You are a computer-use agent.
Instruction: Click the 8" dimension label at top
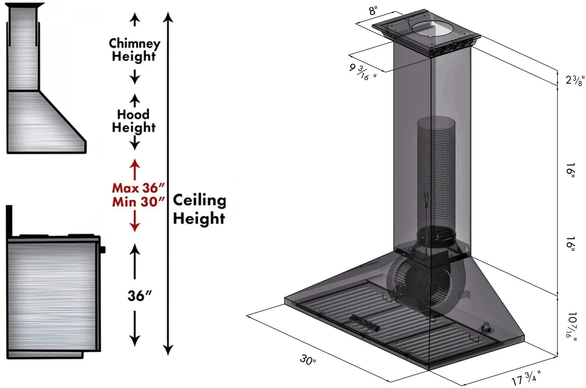point(373,11)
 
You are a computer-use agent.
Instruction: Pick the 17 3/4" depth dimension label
point(526,378)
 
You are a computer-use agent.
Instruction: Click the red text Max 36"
point(139,188)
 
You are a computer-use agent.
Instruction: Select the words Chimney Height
point(135,50)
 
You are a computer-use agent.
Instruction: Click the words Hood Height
point(134,121)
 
